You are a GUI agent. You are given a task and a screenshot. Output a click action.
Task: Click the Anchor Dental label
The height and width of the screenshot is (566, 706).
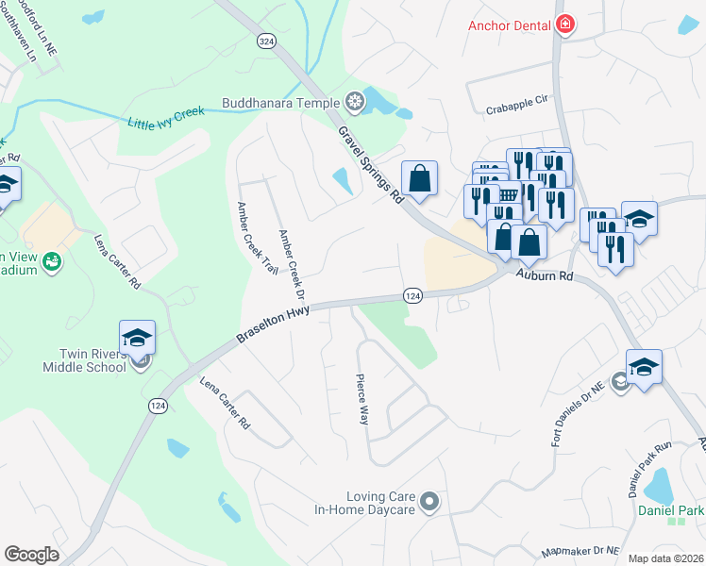510,25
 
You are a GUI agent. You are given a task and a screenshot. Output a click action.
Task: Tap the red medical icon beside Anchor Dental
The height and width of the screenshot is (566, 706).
565,25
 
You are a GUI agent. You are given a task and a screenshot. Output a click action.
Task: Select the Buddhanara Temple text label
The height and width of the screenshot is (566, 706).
281,102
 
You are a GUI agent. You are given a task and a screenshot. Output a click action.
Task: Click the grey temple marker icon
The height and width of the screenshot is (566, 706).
355,101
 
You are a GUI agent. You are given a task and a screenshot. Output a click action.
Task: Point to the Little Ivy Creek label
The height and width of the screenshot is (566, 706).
166,118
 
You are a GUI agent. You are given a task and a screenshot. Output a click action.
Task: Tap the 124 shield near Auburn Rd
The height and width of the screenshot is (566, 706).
412,295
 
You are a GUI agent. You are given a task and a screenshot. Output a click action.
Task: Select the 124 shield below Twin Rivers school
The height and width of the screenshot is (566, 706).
156,404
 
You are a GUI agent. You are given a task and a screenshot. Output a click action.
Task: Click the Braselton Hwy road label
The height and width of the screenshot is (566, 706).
273,324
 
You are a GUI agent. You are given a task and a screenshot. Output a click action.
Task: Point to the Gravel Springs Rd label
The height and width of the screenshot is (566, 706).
371,166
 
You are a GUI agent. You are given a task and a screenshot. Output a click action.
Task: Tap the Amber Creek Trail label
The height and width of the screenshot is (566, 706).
256,238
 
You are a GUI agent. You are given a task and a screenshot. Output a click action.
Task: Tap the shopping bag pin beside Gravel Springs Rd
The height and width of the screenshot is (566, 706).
419,177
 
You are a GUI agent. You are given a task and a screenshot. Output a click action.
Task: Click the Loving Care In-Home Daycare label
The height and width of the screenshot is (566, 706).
365,503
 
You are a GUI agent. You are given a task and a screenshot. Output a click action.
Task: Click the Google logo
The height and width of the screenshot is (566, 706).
31,555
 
